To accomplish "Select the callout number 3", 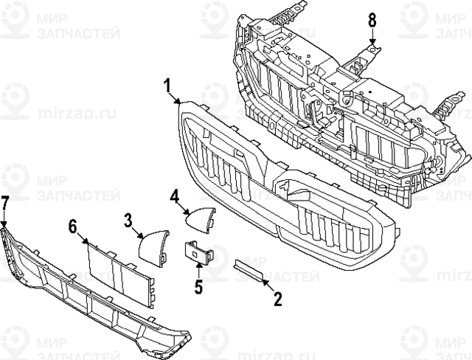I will pyautogui.click(x=128, y=219).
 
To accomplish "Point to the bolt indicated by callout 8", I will pyautogui.click(x=373, y=49).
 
